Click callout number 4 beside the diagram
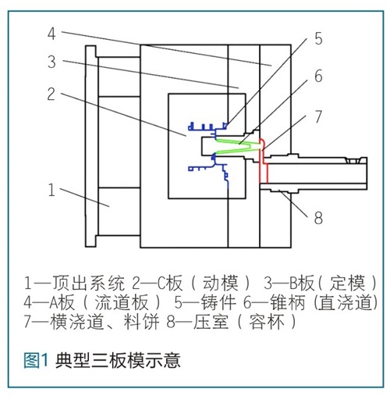click(x=51, y=34)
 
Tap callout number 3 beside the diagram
click(x=51, y=62)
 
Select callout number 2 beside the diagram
click(x=51, y=94)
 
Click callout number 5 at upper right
click(x=318, y=38)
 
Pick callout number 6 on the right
click(x=318, y=76)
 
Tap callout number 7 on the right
click(x=318, y=116)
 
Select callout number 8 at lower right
click(x=318, y=218)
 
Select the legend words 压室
click(x=211, y=322)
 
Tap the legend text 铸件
click(x=218, y=302)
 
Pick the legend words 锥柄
click(x=287, y=302)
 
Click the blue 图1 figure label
click(x=36, y=360)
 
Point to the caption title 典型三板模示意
click(x=118, y=360)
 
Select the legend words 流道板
click(x=122, y=302)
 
